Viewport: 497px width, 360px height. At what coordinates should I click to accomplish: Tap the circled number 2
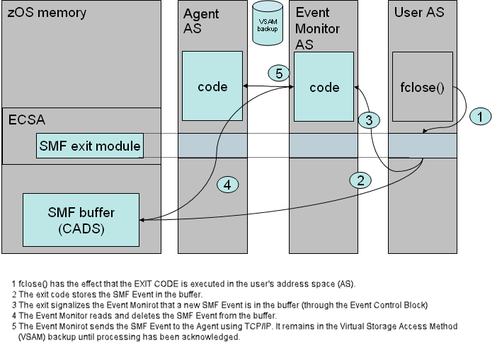click(x=361, y=180)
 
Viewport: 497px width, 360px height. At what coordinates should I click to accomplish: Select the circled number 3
click(x=367, y=120)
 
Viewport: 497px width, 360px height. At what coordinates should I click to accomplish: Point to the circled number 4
click(x=227, y=185)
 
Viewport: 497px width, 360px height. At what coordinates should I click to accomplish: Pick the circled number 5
click(x=279, y=74)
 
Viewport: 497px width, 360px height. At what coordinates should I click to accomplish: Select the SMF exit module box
click(x=90, y=147)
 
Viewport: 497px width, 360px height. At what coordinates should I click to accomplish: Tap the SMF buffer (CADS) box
click(x=82, y=219)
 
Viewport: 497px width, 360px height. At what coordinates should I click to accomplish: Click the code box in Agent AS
click(x=212, y=87)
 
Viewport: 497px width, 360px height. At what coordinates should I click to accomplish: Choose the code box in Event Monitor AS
click(x=324, y=87)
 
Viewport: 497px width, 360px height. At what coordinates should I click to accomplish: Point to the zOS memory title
click(x=47, y=13)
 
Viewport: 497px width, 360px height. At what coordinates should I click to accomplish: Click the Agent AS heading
click(x=201, y=21)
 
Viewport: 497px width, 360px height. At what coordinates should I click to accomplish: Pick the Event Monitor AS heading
click(x=317, y=29)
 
